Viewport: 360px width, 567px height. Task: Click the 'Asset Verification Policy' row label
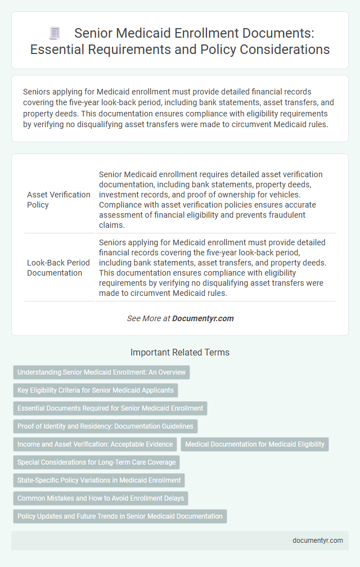coord(58,200)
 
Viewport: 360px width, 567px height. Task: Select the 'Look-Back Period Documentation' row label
coord(58,268)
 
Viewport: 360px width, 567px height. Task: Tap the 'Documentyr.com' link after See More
coord(202,318)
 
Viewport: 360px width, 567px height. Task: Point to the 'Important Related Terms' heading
coord(180,353)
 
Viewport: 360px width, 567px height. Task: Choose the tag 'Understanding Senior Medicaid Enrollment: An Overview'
coord(101,372)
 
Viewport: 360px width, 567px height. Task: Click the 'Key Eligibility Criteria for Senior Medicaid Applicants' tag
coord(96,390)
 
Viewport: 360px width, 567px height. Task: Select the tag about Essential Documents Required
coord(111,408)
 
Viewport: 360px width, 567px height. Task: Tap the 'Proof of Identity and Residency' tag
coord(105,426)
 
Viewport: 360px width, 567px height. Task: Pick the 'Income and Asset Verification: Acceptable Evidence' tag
coord(95,444)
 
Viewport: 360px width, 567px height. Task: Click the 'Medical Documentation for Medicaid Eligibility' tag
coord(254,444)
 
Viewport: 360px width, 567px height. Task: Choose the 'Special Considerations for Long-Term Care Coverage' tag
coord(96,462)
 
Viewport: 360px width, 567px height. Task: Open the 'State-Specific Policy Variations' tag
coord(99,480)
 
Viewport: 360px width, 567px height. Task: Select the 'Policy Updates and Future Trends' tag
coord(119,516)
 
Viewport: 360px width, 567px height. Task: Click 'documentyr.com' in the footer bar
coord(318,541)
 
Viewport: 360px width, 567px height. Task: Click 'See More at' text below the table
coord(148,318)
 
